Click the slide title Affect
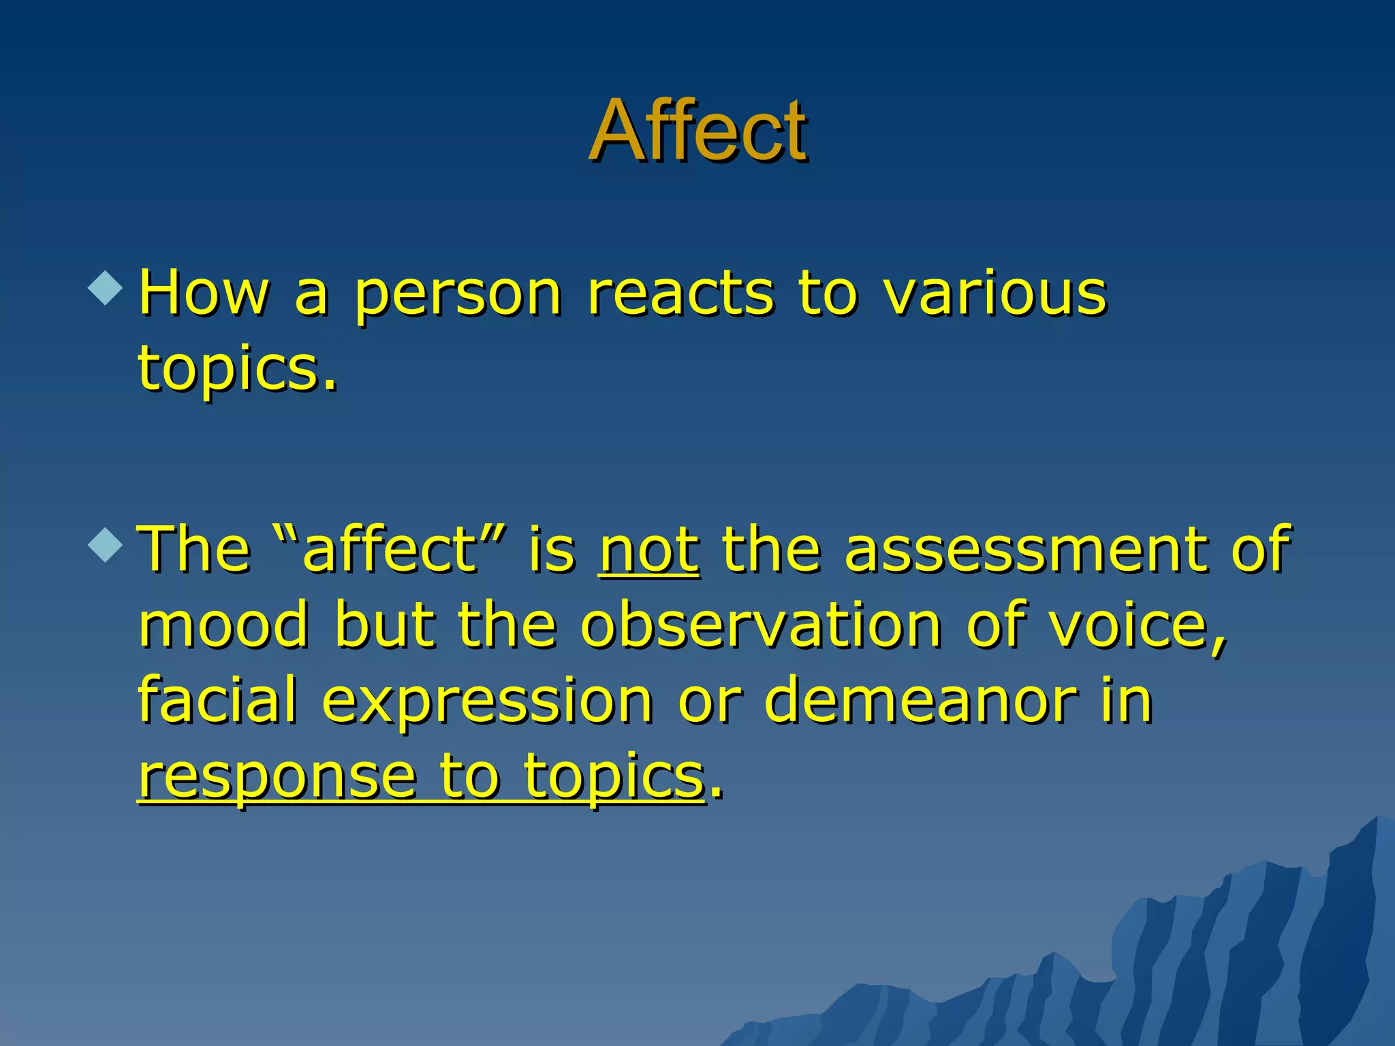[697, 131]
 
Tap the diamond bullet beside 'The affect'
[106, 544]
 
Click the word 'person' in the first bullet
[458, 294]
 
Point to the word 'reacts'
[680, 294]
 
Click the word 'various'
[995, 294]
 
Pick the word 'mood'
[223, 625]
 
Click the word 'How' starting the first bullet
[204, 294]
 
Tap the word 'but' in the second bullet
[384, 625]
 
